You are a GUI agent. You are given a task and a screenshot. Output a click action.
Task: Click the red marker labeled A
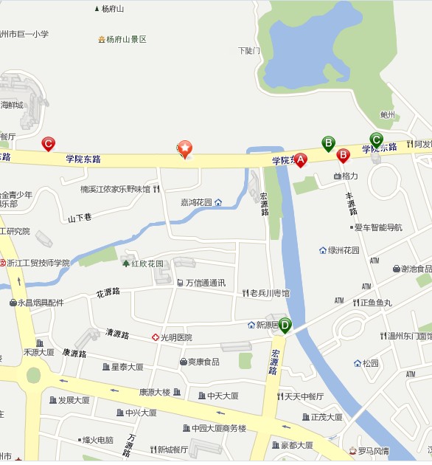(300, 159)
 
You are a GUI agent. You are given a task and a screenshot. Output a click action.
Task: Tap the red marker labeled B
(343, 155)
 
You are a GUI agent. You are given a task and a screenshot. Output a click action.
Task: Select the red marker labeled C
(49, 143)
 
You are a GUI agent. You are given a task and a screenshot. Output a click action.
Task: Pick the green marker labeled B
(328, 142)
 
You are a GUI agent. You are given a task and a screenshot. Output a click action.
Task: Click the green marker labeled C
(376, 139)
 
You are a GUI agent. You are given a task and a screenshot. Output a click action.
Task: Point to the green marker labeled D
(285, 324)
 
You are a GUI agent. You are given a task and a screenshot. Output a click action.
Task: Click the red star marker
(185, 148)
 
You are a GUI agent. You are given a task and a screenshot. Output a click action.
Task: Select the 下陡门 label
(249, 51)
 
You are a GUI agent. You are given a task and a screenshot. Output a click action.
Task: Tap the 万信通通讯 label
(205, 283)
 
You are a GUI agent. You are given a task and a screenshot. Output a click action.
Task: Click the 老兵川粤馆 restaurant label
(269, 293)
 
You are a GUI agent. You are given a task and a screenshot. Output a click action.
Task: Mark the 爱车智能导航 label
(377, 227)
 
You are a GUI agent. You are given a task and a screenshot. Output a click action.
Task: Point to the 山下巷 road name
(79, 218)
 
